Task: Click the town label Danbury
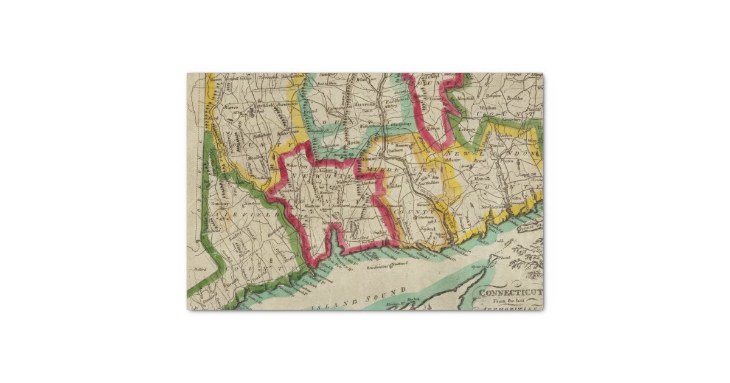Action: pos(217,204)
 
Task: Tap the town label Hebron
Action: pos(433,129)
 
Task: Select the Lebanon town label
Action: pos(468,129)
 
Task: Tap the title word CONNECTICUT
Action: pos(510,292)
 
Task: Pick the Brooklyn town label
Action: pos(515,98)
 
